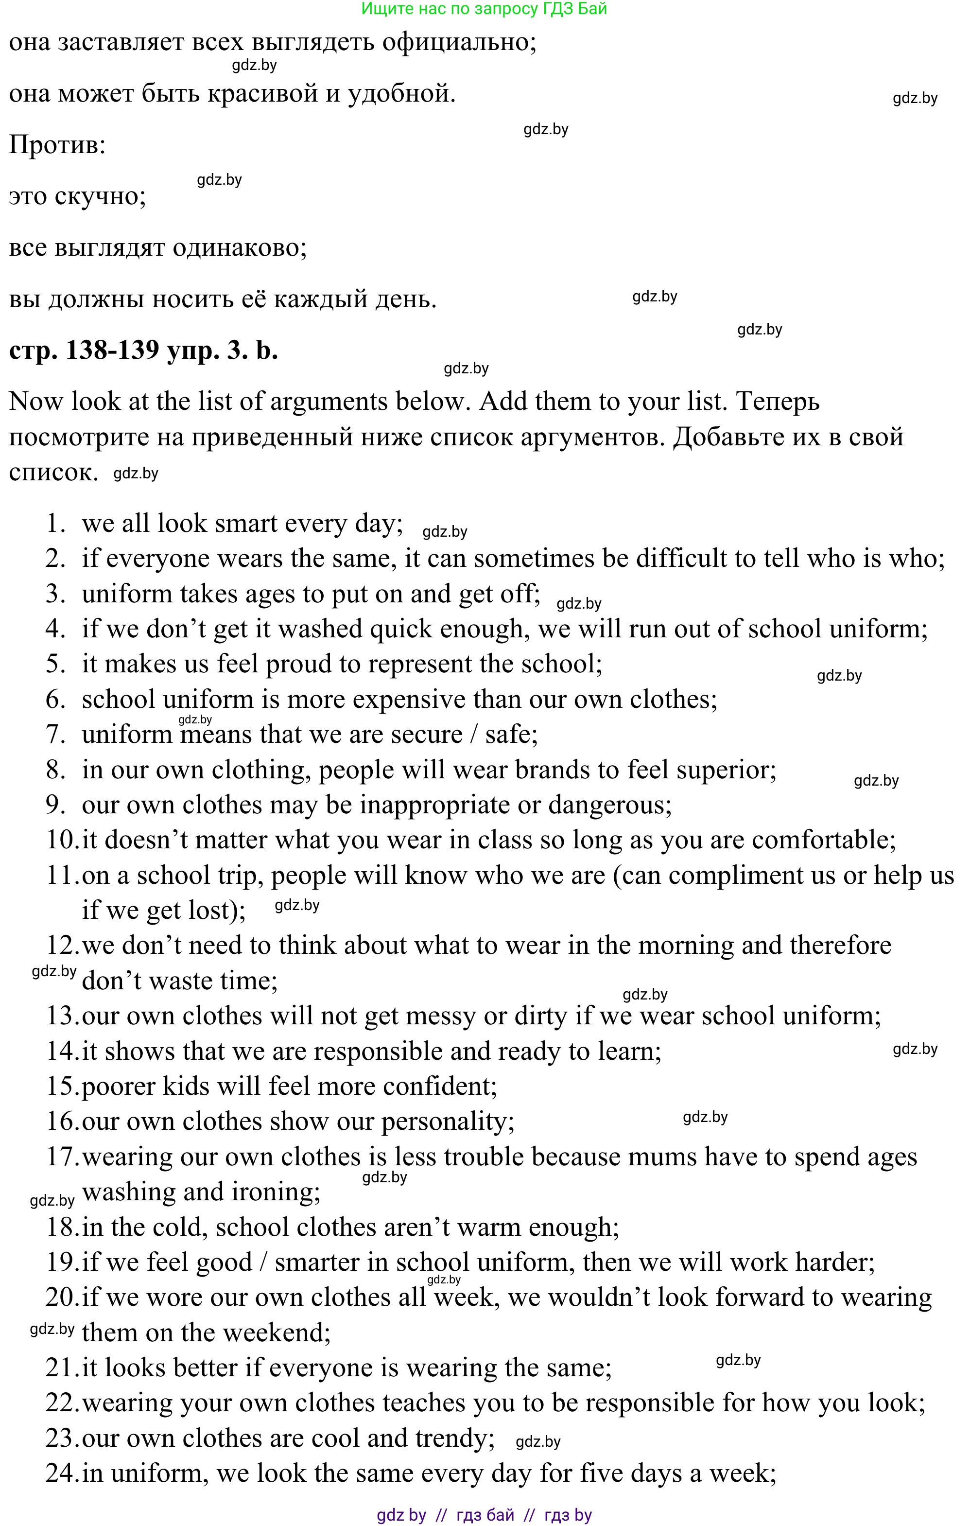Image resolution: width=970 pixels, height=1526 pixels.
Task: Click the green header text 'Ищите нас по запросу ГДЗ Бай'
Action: [484, 9]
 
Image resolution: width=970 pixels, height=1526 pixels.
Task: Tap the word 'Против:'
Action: [57, 145]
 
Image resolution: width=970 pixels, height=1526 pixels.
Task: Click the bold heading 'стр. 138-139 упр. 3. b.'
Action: [143, 350]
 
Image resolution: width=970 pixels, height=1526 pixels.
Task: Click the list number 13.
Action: [62, 1017]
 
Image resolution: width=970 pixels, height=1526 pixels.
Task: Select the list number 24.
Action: [62, 1474]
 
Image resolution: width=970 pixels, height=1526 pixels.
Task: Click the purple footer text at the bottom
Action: [484, 1515]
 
